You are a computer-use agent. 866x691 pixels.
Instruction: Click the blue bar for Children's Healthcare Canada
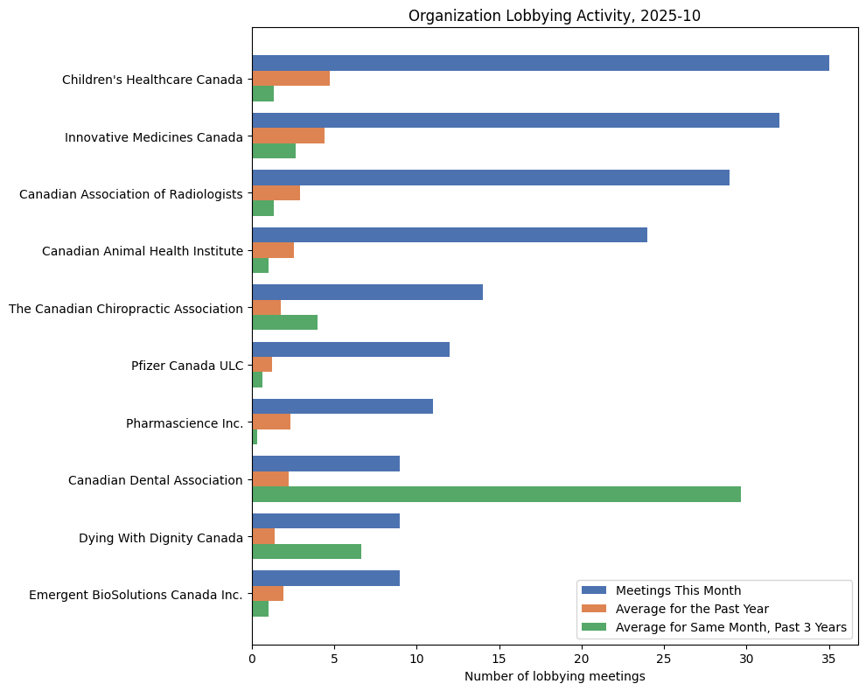(541, 63)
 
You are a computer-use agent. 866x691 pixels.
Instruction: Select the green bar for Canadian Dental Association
(496, 494)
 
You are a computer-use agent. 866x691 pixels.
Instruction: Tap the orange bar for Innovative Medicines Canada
(288, 136)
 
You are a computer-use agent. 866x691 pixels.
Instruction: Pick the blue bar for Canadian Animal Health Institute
(450, 234)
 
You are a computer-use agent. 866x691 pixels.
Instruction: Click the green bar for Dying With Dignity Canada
(306, 551)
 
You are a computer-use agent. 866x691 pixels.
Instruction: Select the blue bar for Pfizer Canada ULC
(351, 349)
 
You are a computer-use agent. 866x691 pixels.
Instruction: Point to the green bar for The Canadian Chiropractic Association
(284, 323)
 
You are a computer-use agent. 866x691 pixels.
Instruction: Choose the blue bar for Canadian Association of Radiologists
(491, 178)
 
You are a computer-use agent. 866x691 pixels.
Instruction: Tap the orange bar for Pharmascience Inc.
(271, 422)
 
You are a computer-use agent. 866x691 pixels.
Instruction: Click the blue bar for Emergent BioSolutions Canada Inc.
(326, 578)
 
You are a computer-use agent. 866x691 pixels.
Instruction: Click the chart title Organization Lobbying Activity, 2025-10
(555, 16)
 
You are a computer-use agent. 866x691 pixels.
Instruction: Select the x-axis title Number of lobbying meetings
(555, 676)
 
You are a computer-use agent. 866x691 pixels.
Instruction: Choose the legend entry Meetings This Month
(678, 590)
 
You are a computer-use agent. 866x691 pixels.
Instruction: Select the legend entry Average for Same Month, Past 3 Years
(730, 627)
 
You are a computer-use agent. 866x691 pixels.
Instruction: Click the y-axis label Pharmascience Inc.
(185, 423)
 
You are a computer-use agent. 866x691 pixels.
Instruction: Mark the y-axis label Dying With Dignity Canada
(161, 538)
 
